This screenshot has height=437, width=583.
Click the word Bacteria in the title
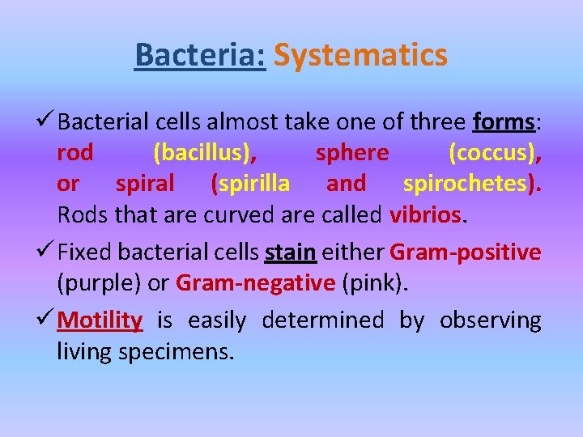(x=200, y=56)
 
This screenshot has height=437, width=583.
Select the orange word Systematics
(x=360, y=56)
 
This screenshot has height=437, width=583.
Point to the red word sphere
(x=352, y=153)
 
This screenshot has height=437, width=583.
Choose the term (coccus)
(x=494, y=153)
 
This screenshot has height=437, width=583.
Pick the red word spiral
(x=145, y=184)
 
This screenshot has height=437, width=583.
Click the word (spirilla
(x=250, y=184)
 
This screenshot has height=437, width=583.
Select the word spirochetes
(x=470, y=184)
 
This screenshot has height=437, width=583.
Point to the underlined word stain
(x=290, y=252)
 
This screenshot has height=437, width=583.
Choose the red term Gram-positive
(x=465, y=252)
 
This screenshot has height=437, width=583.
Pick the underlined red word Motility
(x=100, y=320)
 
